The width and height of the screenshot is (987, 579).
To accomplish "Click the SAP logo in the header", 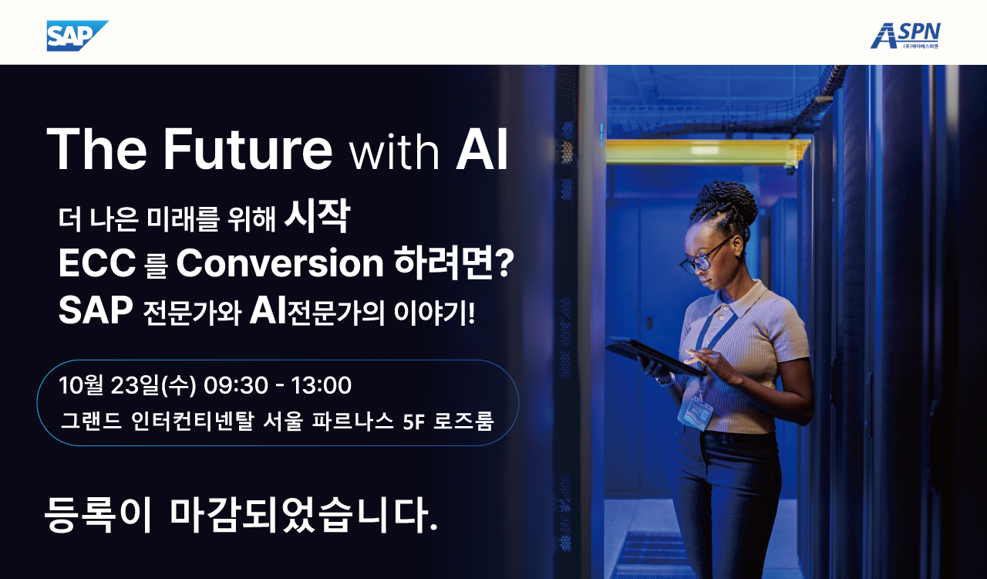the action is point(77,36).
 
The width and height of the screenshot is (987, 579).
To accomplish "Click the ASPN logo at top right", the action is point(905,36).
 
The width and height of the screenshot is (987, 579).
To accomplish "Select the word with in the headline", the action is point(394,153).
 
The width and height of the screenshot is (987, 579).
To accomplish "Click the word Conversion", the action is point(280,263).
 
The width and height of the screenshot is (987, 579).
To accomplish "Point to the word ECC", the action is point(97,263).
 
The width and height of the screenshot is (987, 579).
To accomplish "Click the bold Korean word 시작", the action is point(317,216).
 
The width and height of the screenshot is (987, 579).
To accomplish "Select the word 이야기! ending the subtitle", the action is point(434,313).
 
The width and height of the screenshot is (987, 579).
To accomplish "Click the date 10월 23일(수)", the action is point(127,385).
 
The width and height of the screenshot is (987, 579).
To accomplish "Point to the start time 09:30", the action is point(236,385).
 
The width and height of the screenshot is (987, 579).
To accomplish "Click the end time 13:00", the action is point(322,385).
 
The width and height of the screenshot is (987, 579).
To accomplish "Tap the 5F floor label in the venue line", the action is point(413,422).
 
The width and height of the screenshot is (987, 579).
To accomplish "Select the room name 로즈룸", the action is point(463,421).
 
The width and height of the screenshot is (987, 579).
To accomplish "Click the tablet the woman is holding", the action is point(655,357).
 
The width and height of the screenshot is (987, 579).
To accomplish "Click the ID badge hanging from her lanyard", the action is point(695,412).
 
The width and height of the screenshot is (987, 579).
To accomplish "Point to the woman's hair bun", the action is point(728,204).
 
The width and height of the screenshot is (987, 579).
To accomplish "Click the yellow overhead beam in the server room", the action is point(708,151).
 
